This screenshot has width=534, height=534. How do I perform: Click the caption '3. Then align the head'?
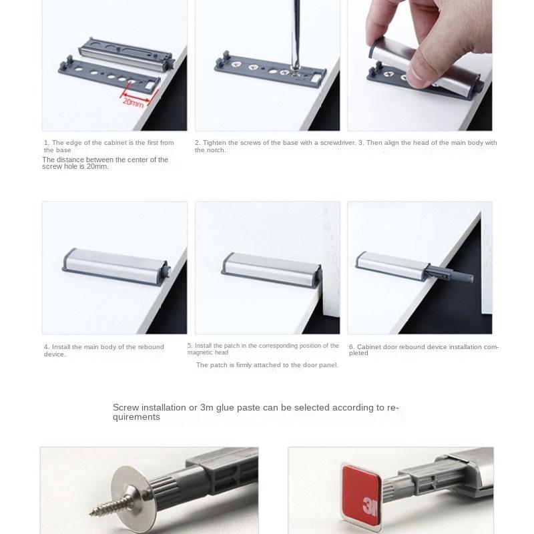428,142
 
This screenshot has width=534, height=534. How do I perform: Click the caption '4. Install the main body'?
103,350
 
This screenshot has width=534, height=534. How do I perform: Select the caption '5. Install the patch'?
263,348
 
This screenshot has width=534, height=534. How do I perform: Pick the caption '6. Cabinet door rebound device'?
423,350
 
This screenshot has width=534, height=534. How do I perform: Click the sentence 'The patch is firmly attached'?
267,365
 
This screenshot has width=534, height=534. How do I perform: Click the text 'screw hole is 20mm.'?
75,166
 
